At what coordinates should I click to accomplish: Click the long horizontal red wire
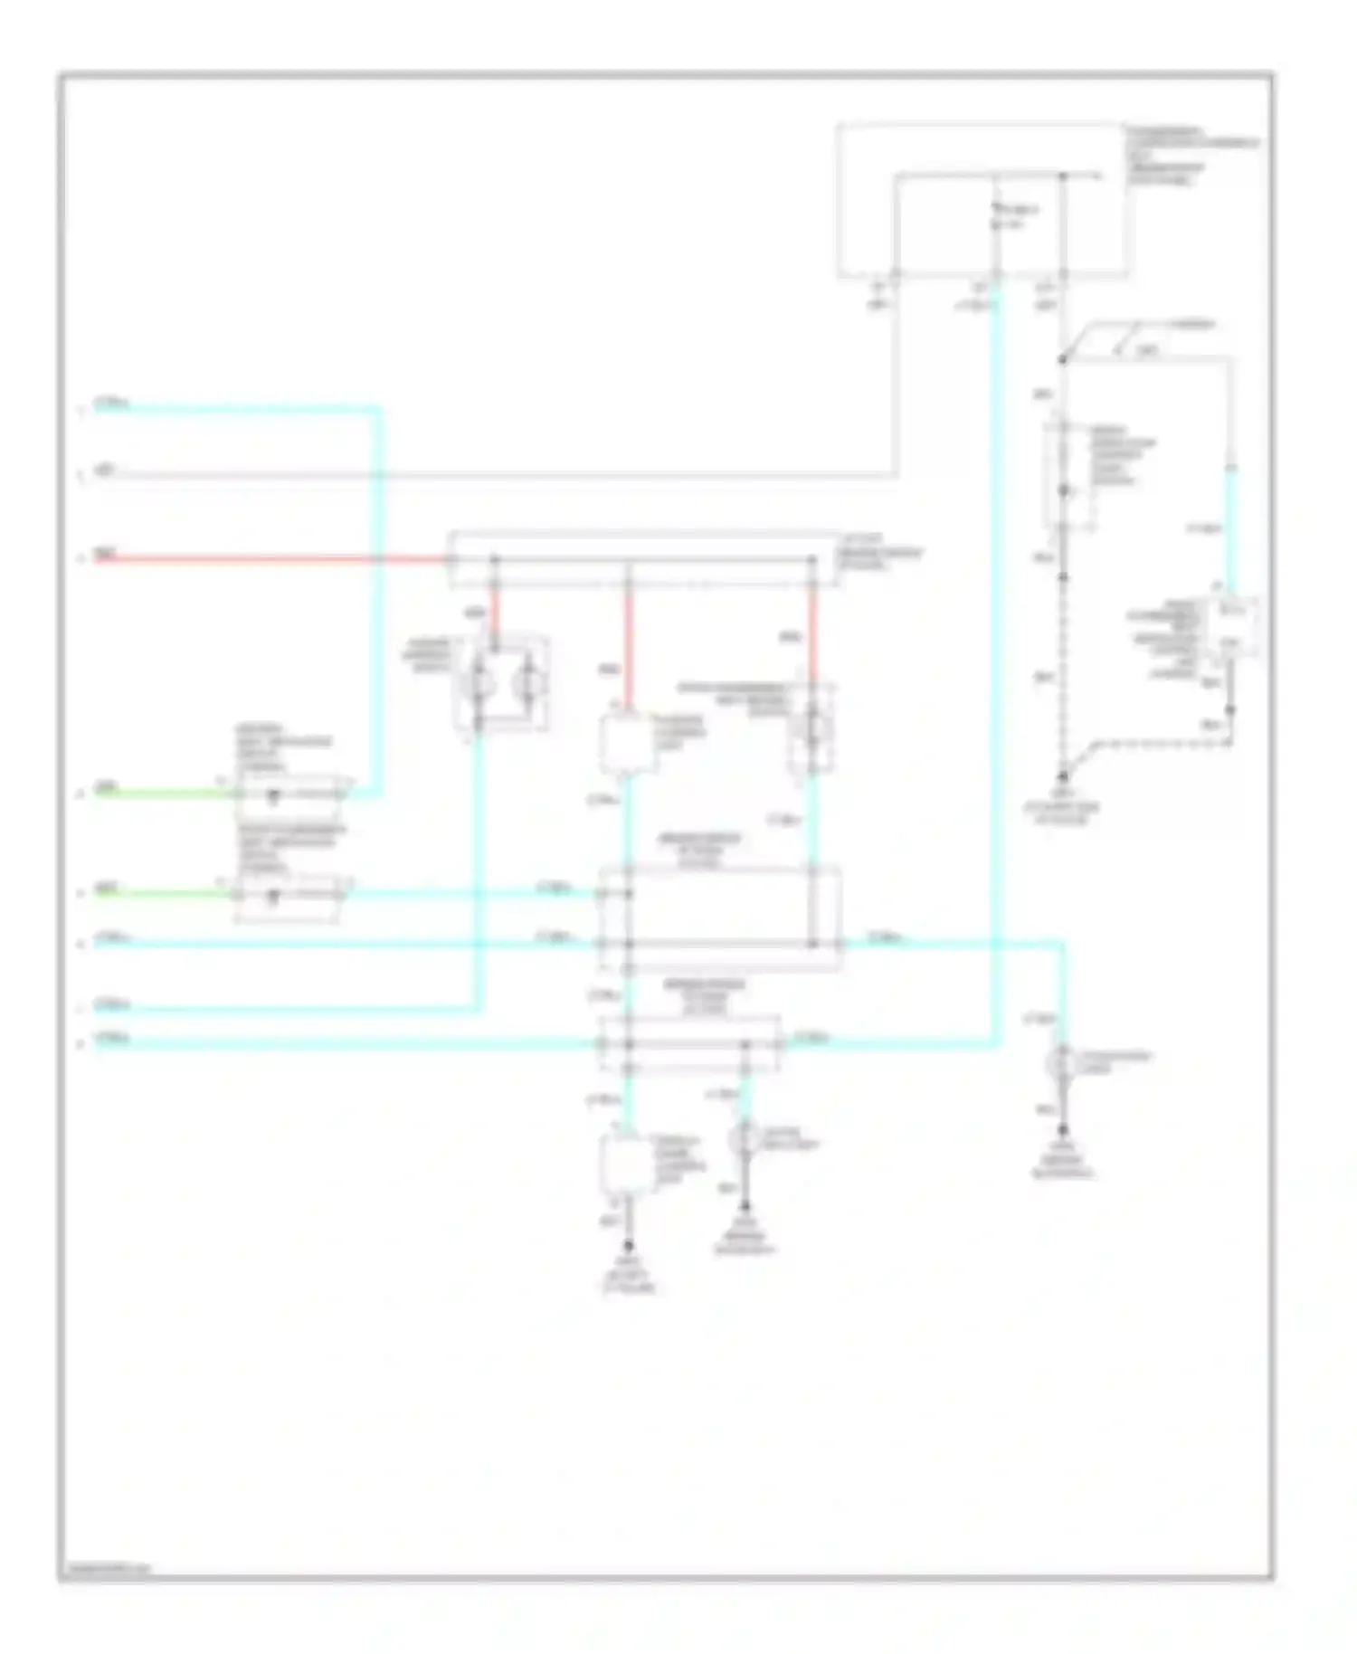click(x=271, y=559)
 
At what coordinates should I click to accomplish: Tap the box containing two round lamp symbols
click(x=503, y=683)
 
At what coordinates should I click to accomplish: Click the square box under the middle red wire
click(x=628, y=745)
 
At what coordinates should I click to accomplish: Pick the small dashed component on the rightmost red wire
click(x=811, y=728)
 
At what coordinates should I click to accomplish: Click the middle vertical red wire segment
click(x=629, y=642)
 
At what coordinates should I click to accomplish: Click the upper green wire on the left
click(x=163, y=794)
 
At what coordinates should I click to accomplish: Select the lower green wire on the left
click(x=163, y=894)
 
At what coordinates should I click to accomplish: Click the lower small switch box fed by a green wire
click(x=288, y=896)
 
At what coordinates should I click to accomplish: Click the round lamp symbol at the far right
click(x=1062, y=1064)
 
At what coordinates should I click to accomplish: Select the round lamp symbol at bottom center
click(x=744, y=1139)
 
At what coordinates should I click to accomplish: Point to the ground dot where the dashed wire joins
click(x=1063, y=777)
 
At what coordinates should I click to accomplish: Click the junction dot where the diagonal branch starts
click(x=1063, y=360)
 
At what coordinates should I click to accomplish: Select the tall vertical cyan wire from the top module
click(x=996, y=633)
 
